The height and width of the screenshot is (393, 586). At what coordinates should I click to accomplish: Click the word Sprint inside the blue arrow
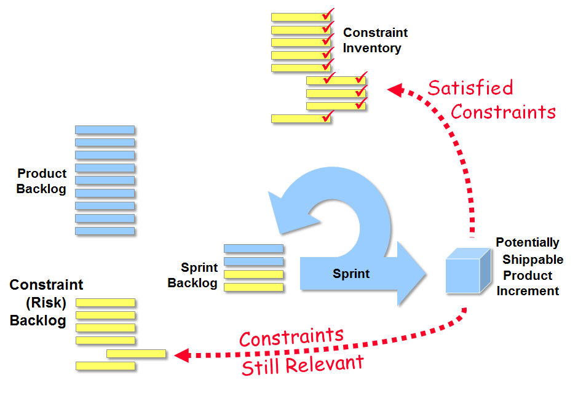pos(351,274)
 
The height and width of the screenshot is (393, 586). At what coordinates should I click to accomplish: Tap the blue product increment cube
pos(468,271)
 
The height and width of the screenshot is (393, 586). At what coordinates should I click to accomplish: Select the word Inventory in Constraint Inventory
pos(372,48)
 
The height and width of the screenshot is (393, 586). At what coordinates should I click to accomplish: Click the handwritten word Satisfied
pos(470,88)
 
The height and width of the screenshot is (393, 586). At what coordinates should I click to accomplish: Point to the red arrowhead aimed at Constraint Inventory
pos(395,90)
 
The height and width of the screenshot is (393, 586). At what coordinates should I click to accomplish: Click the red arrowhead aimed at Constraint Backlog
pos(183,355)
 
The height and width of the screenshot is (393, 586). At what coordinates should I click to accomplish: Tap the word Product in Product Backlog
pos(42,173)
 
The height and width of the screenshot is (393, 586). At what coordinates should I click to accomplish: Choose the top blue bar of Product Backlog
pos(105,130)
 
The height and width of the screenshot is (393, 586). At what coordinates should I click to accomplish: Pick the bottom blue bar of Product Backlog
pos(105,231)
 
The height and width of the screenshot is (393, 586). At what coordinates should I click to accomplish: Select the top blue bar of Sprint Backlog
pos(253,248)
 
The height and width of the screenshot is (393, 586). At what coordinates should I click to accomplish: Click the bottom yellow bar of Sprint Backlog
pos(253,287)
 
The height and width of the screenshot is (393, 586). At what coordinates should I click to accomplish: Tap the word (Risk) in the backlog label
pos(46,303)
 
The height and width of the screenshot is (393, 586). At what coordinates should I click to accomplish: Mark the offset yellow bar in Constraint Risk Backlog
pos(136,354)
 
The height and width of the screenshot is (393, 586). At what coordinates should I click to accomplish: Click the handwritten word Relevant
pos(325,364)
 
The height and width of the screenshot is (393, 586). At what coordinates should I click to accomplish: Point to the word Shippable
pos(533,260)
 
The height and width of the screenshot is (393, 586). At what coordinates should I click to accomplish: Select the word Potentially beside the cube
pos(528,243)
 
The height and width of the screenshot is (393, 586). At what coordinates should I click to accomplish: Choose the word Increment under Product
pos(528,291)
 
